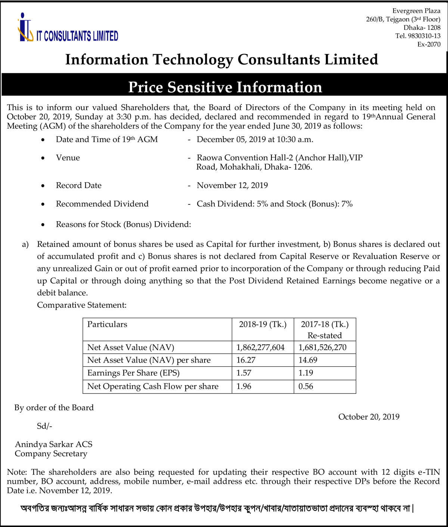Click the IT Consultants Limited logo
tap(68, 28)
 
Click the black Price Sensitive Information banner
tap(225, 87)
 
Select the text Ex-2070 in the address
tap(429, 44)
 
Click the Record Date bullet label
tap(79, 185)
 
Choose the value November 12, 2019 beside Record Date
tap(232, 185)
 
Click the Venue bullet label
tap(68, 158)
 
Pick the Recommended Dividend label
tap(102, 204)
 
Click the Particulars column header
tap(107, 324)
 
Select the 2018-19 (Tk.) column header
tap(263, 324)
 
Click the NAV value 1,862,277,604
tap(261, 348)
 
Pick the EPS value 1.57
tap(244, 373)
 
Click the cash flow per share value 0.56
tap(306, 386)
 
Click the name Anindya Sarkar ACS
tap(53, 444)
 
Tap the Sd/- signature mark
tap(44, 426)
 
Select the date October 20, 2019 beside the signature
tap(369, 417)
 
